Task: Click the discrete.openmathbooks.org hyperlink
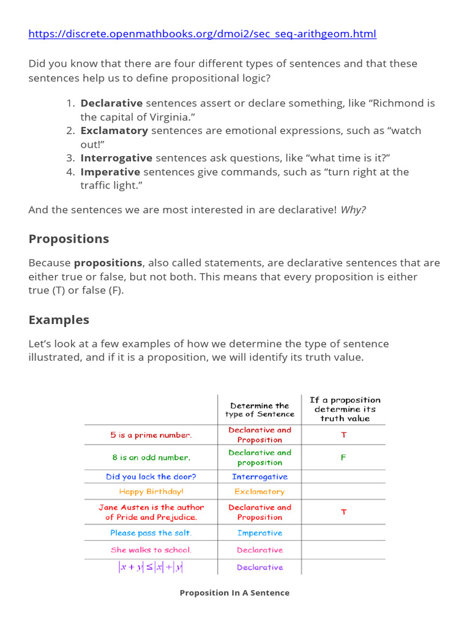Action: pyautogui.click(x=202, y=34)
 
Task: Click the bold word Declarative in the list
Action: pyautogui.click(x=111, y=103)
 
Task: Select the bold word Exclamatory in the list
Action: pyautogui.click(x=114, y=130)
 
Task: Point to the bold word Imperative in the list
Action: pyautogui.click(x=110, y=172)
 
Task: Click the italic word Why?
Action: pyautogui.click(x=353, y=210)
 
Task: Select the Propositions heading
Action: pyautogui.click(x=69, y=239)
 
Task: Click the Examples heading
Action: pyautogui.click(x=59, y=320)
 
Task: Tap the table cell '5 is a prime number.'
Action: pyautogui.click(x=151, y=435)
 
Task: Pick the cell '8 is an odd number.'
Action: pyautogui.click(x=151, y=457)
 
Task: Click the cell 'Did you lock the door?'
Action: pyautogui.click(x=151, y=476)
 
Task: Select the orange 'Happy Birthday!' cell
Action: pyautogui.click(x=151, y=492)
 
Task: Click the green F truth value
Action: pyautogui.click(x=343, y=457)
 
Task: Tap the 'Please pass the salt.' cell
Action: pyautogui.click(x=151, y=533)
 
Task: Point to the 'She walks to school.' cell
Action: pyautogui.click(x=151, y=550)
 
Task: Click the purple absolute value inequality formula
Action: pyautogui.click(x=151, y=567)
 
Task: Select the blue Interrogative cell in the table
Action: pyautogui.click(x=259, y=476)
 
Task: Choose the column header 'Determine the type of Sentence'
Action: pyautogui.click(x=259, y=410)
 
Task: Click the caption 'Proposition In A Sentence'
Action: pyautogui.click(x=234, y=593)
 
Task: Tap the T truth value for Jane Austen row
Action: pyautogui.click(x=343, y=512)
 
